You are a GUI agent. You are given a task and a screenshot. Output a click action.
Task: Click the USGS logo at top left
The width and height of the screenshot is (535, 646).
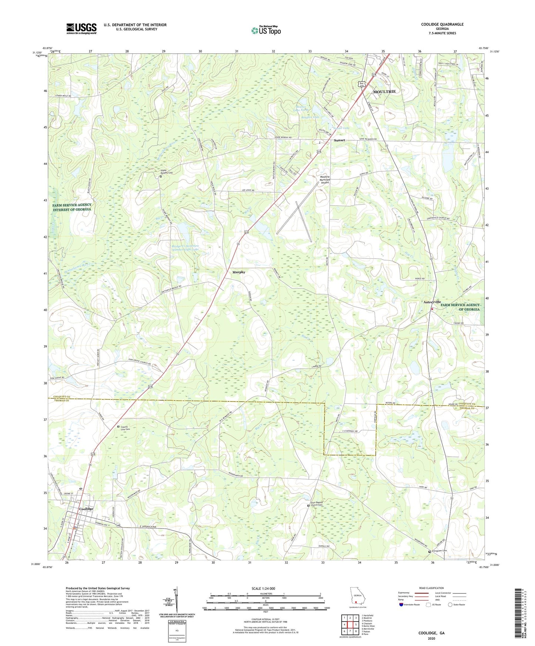pyautogui.click(x=81, y=28)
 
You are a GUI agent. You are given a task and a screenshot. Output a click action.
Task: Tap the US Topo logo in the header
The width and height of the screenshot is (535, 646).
pyautogui.click(x=265, y=30)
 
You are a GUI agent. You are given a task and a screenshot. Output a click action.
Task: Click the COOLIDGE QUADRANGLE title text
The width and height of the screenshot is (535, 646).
pyautogui.click(x=442, y=24)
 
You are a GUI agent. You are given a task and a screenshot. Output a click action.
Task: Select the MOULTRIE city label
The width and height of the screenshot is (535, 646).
pyautogui.click(x=384, y=91)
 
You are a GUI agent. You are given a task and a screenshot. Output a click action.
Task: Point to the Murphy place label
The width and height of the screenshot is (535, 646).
pyautogui.click(x=239, y=272)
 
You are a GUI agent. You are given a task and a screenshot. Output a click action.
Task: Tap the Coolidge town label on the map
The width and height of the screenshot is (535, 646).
pyautogui.click(x=86, y=509)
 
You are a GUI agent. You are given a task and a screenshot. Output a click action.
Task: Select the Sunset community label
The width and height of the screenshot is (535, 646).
pyautogui.click(x=339, y=140)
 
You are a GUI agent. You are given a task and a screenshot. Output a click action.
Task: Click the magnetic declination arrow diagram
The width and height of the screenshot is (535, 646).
pyautogui.click(x=177, y=599)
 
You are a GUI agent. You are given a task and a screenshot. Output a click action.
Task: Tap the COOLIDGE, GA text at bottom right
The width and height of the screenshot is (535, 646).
pyautogui.click(x=431, y=633)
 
